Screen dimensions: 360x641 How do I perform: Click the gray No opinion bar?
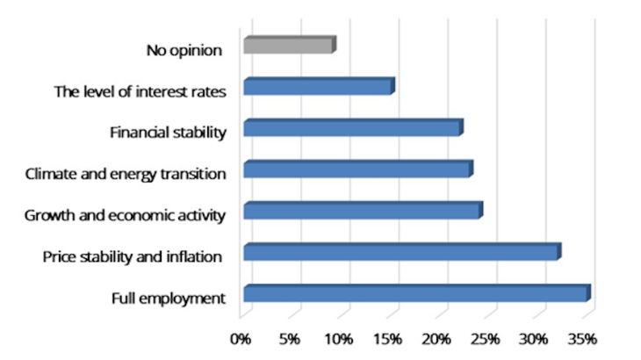[x=288, y=46]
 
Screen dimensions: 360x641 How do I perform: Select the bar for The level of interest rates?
[x=318, y=87]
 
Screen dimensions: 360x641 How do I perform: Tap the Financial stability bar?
[x=351, y=129]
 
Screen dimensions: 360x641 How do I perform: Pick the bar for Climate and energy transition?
[x=357, y=170]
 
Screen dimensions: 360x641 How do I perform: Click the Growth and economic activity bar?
[x=362, y=212]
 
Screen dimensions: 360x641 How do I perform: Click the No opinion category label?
[x=184, y=50]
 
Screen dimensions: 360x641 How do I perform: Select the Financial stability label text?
[x=169, y=133]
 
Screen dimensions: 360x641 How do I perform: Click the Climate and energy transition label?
[x=126, y=174]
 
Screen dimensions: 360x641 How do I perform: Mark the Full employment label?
[x=169, y=298]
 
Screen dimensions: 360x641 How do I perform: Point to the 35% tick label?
[x=583, y=338]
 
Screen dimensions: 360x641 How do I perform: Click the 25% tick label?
[x=486, y=338]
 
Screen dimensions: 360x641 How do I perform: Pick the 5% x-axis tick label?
[x=291, y=338]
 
